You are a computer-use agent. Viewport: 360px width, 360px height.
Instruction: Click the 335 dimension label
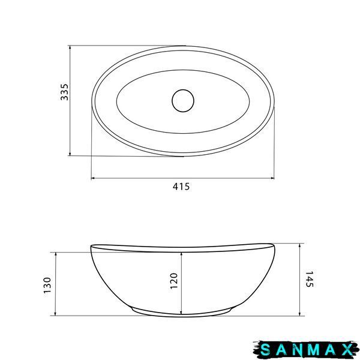pyautogui.click(x=64, y=92)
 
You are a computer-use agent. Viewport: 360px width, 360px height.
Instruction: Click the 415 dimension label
pyautogui.click(x=181, y=187)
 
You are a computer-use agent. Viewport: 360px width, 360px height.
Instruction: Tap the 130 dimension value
pyautogui.click(x=47, y=285)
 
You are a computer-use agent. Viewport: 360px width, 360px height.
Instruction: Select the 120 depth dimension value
pyautogui.click(x=174, y=281)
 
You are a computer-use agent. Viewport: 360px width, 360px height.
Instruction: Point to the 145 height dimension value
pyautogui.click(x=310, y=279)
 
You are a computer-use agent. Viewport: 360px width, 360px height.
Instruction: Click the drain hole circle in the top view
pyautogui.click(x=183, y=101)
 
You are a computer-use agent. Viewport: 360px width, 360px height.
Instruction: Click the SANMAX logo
pyautogui.click(x=306, y=350)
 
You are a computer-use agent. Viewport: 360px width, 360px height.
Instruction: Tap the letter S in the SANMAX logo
pyautogui.click(x=265, y=350)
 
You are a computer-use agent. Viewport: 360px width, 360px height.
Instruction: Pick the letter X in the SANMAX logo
pyautogui.click(x=347, y=350)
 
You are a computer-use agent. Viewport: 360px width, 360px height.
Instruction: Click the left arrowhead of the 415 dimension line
pyautogui.click(x=93, y=178)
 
